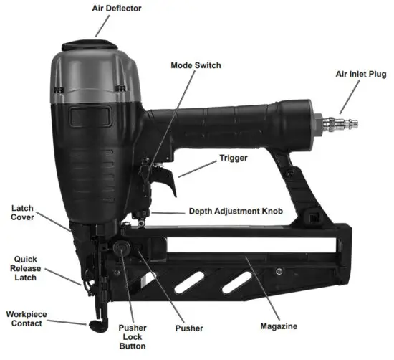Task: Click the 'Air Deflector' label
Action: [x=117, y=9]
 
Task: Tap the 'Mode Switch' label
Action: [x=196, y=65]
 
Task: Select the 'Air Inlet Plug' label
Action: [x=362, y=74]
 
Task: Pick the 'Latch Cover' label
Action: [x=22, y=213]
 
